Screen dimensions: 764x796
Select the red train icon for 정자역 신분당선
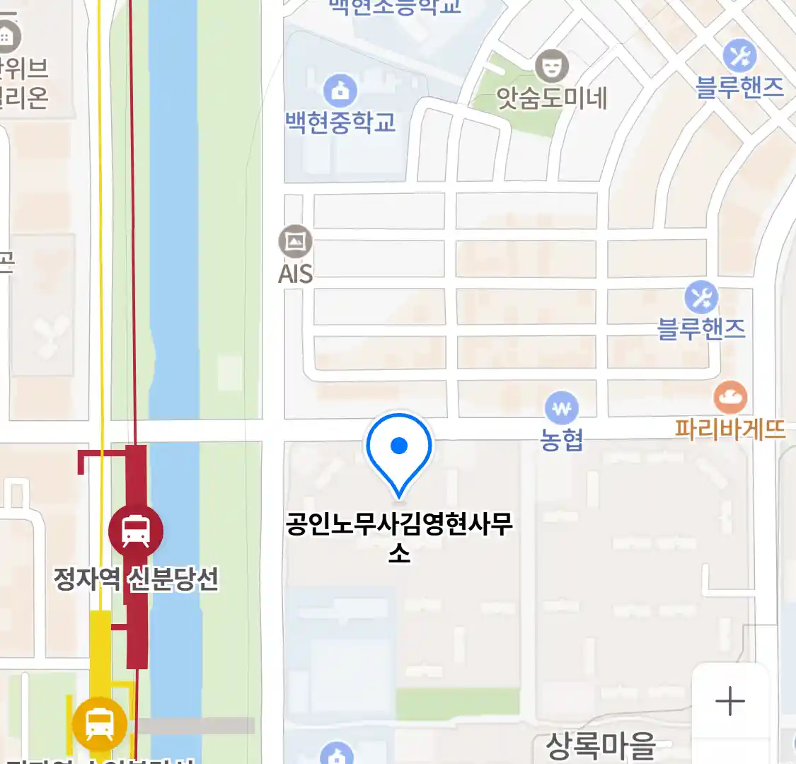pyautogui.click(x=136, y=531)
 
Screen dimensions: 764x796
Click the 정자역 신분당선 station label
pyautogui.click(x=136, y=579)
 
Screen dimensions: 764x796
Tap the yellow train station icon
pyautogui.click(x=100, y=724)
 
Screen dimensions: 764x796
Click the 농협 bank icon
pyautogui.click(x=562, y=409)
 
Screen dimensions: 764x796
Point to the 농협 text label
pyautogui.click(x=562, y=440)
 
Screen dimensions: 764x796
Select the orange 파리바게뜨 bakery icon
pyautogui.click(x=730, y=398)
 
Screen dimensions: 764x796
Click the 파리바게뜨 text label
pyautogui.click(x=730, y=429)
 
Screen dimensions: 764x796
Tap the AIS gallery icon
pyautogui.click(x=295, y=242)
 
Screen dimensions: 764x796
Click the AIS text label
pyautogui.click(x=295, y=274)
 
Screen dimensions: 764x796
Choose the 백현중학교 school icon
pyautogui.click(x=340, y=90)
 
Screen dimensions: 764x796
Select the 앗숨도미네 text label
pyautogui.click(x=552, y=98)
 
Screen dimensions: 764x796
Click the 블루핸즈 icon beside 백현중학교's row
pyautogui.click(x=739, y=54)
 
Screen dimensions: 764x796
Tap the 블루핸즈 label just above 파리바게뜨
pyautogui.click(x=701, y=329)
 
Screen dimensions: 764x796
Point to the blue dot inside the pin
pyautogui.click(x=399, y=446)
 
